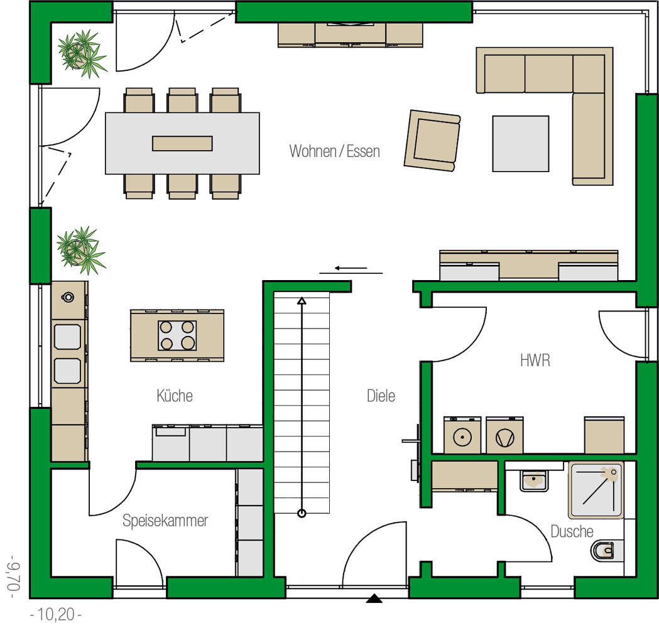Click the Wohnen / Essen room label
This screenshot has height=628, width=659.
click(x=334, y=151)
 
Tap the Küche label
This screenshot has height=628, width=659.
click(x=175, y=396)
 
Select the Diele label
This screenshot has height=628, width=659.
click(x=381, y=396)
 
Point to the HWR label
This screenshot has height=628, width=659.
click(x=535, y=360)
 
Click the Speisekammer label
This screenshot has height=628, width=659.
click(x=165, y=521)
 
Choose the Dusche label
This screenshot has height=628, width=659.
click(x=572, y=531)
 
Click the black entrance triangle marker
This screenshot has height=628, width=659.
click(x=374, y=598)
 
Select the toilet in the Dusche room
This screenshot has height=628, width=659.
click(x=604, y=551)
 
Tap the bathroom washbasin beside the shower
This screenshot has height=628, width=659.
click(x=533, y=481)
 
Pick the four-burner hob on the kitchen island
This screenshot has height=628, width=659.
click(x=177, y=335)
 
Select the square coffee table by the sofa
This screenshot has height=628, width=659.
click(x=520, y=143)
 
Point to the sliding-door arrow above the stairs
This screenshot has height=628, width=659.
click(x=351, y=270)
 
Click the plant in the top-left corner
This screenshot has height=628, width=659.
click(x=80, y=53)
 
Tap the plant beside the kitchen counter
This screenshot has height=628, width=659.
click(x=79, y=249)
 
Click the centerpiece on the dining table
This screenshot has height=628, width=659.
click(x=182, y=143)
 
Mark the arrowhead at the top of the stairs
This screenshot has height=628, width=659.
click(x=302, y=301)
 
